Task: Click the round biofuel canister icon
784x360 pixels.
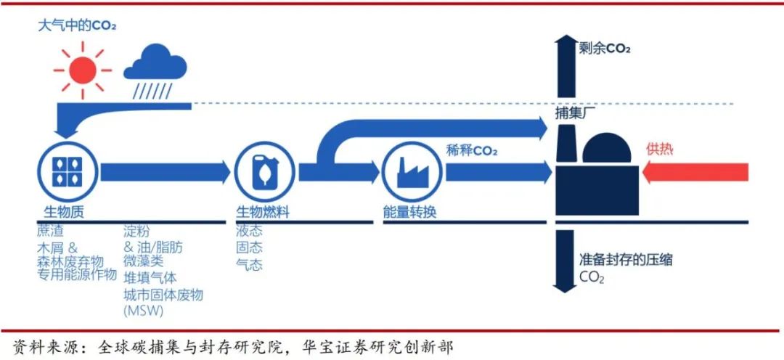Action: [x=264, y=172]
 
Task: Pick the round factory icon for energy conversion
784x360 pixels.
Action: [x=412, y=172]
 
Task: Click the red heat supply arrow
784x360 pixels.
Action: [x=695, y=172]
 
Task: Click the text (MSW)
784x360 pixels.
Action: [x=143, y=311]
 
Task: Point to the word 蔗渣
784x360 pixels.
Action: [x=52, y=231]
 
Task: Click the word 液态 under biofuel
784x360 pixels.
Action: [x=249, y=231]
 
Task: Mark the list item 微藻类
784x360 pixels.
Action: [x=144, y=262]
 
